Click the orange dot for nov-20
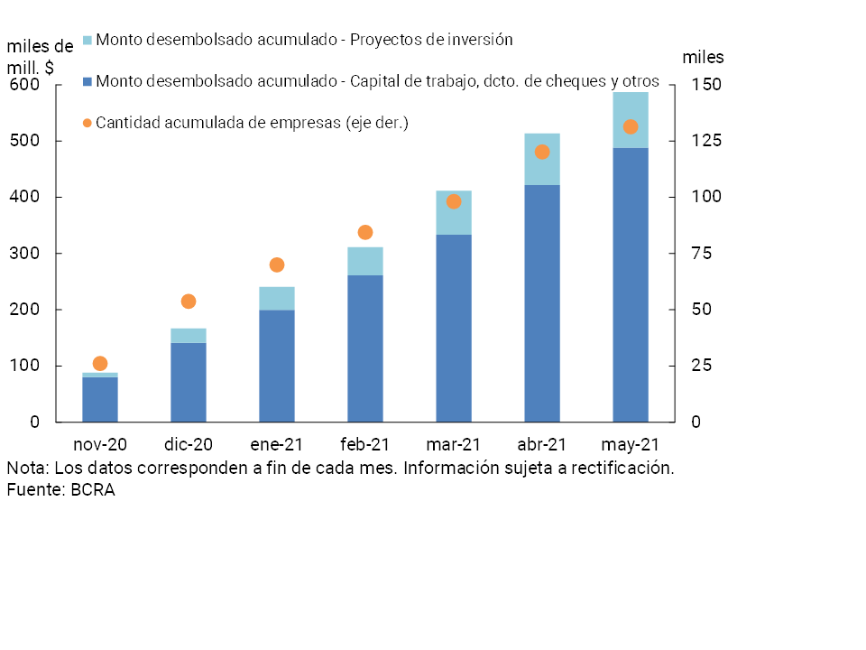click(100, 364)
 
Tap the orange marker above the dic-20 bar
click(189, 302)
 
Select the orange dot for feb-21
click(365, 233)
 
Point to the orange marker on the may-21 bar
click(631, 127)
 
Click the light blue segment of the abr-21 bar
click(542, 159)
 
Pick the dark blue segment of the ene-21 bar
click(277, 366)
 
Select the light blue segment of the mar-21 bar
click(454, 213)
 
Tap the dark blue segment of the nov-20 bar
click(100, 399)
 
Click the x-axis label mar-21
click(454, 445)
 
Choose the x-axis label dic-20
click(189, 445)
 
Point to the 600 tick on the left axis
click(25, 85)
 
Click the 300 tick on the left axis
click(25, 254)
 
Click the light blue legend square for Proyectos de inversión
click(88, 41)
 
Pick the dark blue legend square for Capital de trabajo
click(88, 82)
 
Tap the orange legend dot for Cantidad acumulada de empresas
click(88, 123)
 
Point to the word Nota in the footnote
click(27, 469)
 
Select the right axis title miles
click(703, 58)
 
